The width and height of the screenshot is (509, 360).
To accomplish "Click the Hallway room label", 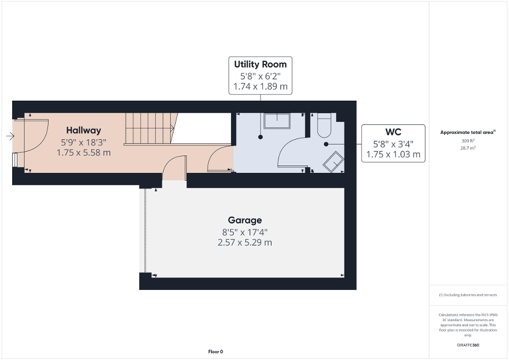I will click(83, 130).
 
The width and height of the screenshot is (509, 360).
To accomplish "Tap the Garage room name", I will click(245, 220).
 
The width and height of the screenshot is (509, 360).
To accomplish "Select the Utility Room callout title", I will click(261, 64).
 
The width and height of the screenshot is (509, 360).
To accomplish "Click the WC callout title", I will click(393, 132).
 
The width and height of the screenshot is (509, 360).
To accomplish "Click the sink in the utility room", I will click(276, 121).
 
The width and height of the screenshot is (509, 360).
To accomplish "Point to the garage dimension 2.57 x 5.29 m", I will click(245, 243).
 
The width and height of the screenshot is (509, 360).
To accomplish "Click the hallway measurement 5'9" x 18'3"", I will click(83, 142).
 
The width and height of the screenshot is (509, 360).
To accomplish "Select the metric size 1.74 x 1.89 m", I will click(261, 86).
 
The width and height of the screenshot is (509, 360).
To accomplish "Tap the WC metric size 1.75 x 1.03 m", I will click(393, 154).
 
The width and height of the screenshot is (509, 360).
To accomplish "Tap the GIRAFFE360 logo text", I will click(468, 345).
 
